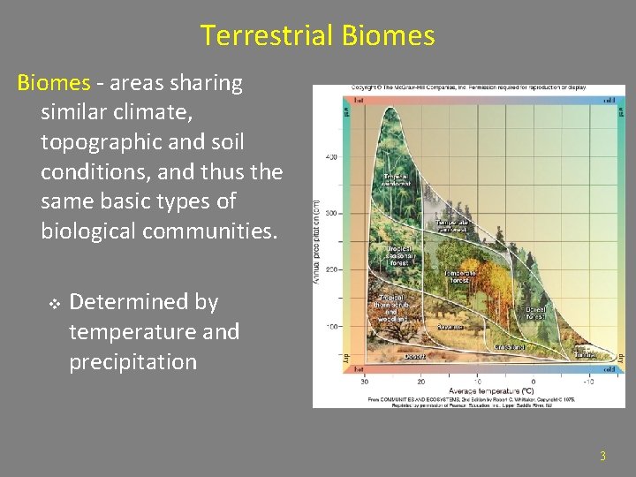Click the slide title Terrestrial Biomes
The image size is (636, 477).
coord(317,35)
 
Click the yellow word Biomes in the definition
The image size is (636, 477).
coord(54,83)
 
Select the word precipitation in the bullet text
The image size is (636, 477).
coord(132,362)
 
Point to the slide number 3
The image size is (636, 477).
coord(602,457)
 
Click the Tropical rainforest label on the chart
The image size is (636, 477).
coord(396,179)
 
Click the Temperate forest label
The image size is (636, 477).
coord(460,277)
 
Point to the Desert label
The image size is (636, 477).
coord(415,357)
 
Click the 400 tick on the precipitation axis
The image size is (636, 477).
coord(331,157)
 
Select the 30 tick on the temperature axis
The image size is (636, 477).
coord(365,382)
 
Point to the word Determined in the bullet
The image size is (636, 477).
coord(143,302)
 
